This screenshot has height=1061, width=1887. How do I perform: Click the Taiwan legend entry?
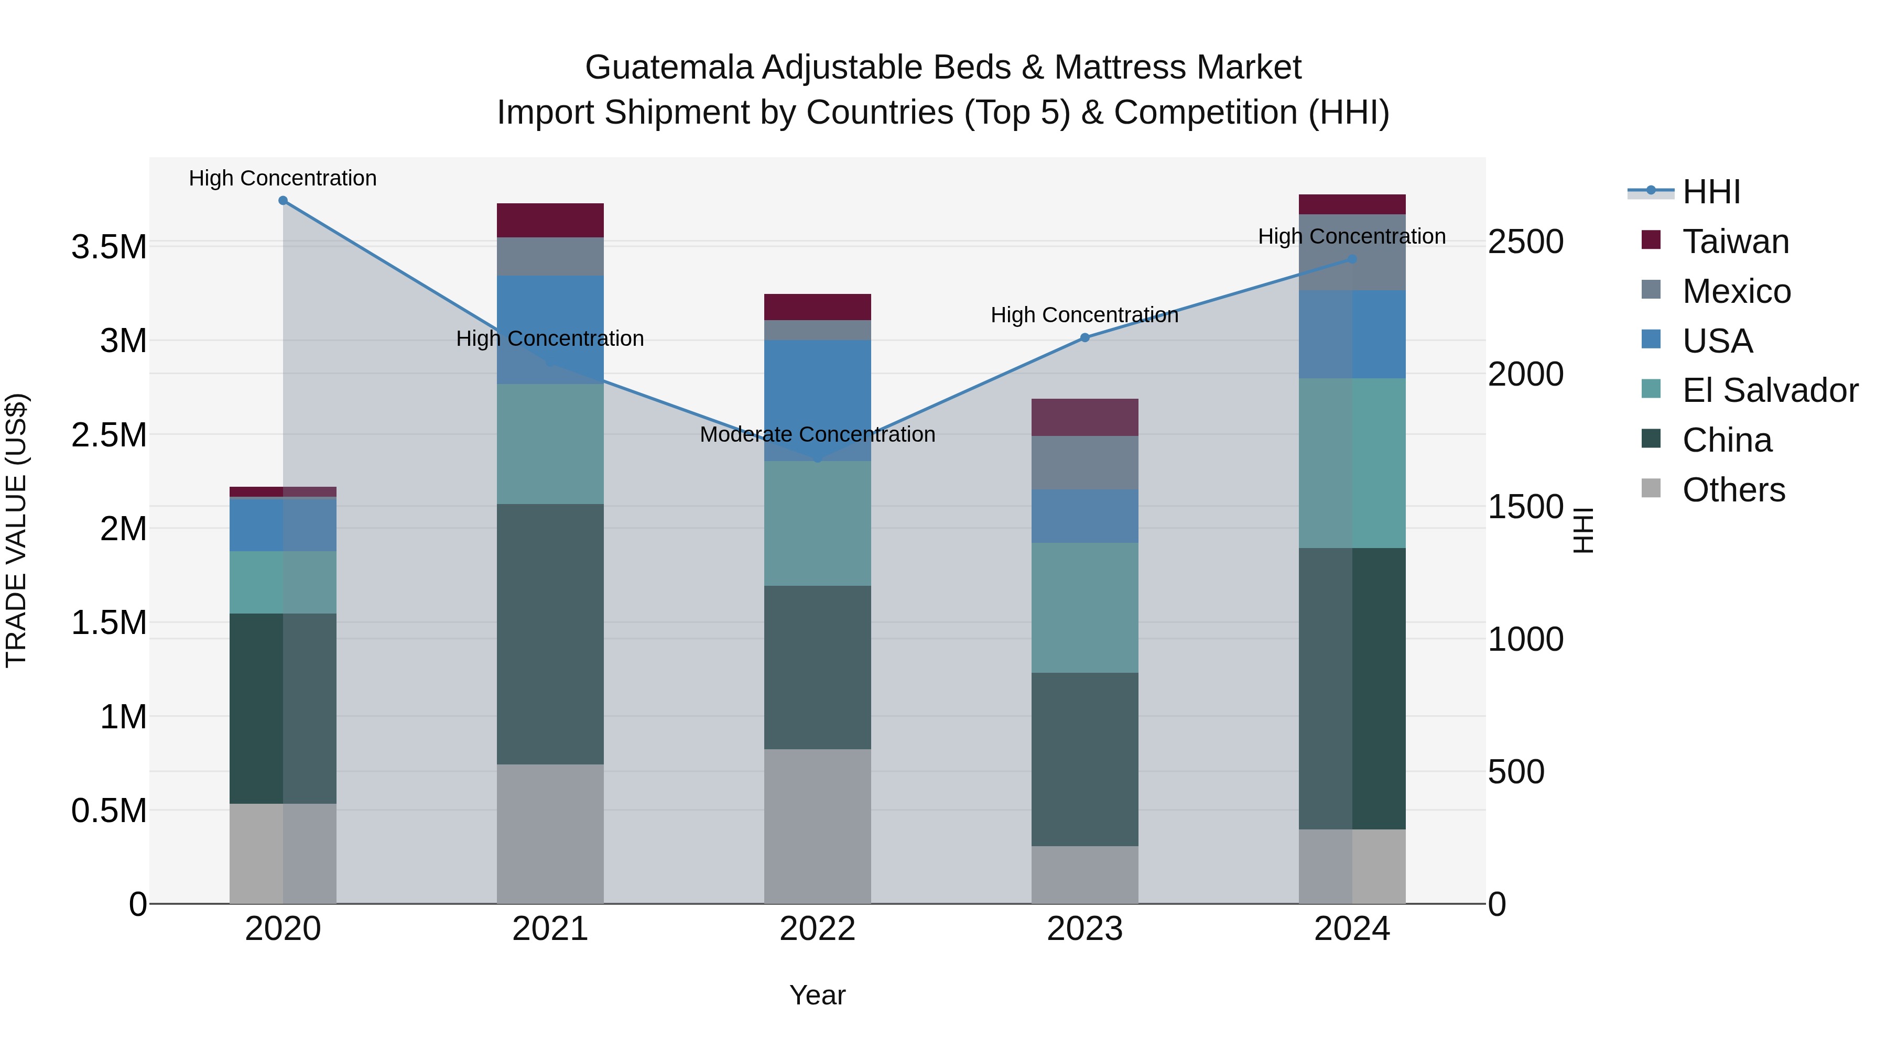click(1734, 242)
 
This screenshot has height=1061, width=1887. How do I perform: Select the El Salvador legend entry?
click(1769, 390)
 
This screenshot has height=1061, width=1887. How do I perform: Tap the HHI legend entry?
click(1710, 192)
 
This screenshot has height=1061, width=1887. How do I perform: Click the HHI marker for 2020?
click(283, 201)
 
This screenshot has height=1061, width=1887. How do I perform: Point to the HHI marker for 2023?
click(1085, 337)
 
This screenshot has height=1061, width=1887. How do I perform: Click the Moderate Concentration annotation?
click(818, 434)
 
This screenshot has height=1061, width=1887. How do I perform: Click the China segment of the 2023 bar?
click(1085, 759)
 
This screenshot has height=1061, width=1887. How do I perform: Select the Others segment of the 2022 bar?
click(818, 826)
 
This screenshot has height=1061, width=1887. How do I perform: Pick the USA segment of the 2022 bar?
click(818, 400)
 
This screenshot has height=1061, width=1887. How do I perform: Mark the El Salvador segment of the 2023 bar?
click(1085, 608)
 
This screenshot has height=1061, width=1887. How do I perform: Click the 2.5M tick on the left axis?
click(109, 435)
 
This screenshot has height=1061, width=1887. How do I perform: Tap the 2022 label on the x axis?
click(818, 929)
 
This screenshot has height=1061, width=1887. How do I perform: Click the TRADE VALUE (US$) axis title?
click(16, 530)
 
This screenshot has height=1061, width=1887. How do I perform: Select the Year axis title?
click(818, 995)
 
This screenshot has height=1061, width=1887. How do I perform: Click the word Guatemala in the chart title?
click(669, 68)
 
